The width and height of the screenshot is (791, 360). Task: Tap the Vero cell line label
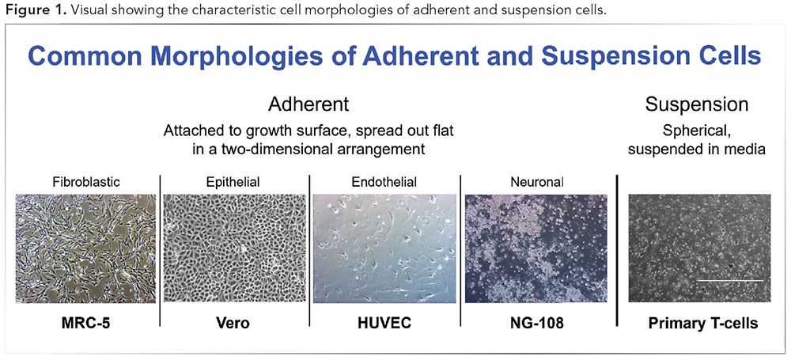[x=234, y=323]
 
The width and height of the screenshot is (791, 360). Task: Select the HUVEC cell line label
[x=384, y=323]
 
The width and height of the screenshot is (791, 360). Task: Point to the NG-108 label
[x=536, y=323]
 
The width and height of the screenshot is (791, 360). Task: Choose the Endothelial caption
[x=384, y=182]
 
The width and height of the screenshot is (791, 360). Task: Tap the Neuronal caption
[x=536, y=182]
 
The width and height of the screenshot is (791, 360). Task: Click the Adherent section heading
[x=308, y=104]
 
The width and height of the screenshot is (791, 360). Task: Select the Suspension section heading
[x=696, y=104]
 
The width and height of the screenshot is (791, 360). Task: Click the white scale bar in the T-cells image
[x=729, y=280]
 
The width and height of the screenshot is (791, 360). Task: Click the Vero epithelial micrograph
[x=234, y=248]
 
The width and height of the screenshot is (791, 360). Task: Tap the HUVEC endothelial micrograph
[x=384, y=248]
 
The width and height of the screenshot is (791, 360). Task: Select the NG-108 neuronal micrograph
[x=536, y=248]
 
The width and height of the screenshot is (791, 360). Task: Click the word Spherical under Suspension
[x=696, y=130]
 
